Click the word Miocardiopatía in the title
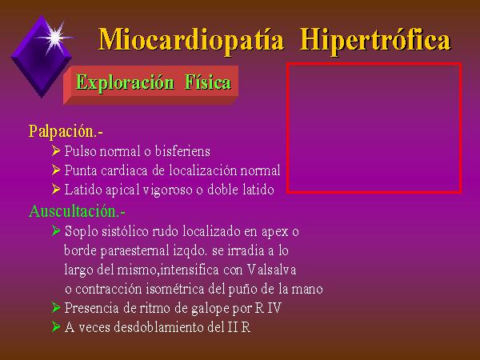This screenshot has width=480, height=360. (x=191, y=41)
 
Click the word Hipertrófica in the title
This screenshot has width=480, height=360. (x=375, y=41)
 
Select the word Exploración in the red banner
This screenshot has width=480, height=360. (x=125, y=82)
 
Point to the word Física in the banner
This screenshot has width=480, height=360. (x=207, y=82)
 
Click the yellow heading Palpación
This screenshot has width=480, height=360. (x=66, y=131)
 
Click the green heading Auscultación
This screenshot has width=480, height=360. (x=77, y=211)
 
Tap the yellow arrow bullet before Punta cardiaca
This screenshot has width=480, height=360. (x=56, y=170)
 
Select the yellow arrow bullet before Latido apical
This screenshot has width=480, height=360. (x=56, y=189)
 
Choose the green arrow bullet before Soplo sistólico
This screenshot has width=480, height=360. (x=56, y=230)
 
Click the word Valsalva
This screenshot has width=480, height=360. (x=271, y=270)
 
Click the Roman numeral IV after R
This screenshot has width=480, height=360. (x=274, y=308)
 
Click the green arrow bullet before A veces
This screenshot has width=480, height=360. (x=56, y=326)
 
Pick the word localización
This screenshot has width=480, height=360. (x=202, y=170)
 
